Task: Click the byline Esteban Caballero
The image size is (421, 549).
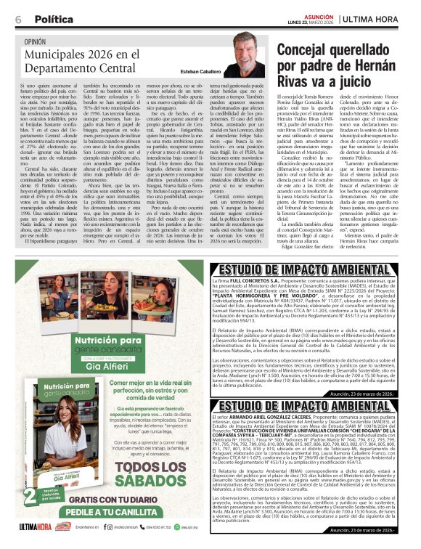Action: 201,73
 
